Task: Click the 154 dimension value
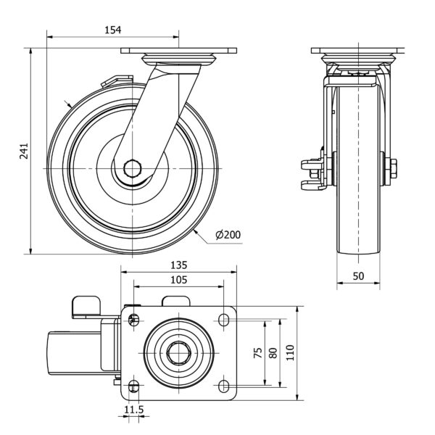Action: [112, 30]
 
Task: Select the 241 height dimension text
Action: [24, 152]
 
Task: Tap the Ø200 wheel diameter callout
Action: [228, 234]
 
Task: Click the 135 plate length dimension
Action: [178, 265]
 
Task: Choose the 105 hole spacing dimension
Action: [178, 280]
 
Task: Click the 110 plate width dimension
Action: [290, 352]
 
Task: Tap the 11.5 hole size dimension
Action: [133, 410]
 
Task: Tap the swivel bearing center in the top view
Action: [178, 352]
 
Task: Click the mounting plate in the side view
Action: [178, 51]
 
